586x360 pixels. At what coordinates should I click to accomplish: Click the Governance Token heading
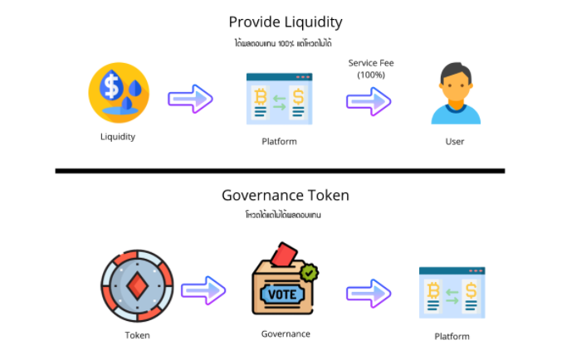click(x=285, y=196)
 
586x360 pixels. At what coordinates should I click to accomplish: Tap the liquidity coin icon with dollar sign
click(x=119, y=93)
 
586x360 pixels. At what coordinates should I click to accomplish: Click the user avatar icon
click(x=455, y=95)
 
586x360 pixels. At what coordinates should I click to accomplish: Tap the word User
click(x=455, y=141)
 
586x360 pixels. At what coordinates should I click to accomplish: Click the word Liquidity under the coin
click(x=117, y=137)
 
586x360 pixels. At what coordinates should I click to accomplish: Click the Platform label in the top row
click(x=279, y=141)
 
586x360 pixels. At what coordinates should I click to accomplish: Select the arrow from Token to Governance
click(x=203, y=289)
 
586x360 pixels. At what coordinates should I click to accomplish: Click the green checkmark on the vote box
click(x=310, y=271)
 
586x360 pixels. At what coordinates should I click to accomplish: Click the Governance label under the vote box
click(x=286, y=333)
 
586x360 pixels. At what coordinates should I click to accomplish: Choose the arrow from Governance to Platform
click(x=369, y=292)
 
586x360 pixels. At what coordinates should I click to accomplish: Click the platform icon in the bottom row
click(x=452, y=293)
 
